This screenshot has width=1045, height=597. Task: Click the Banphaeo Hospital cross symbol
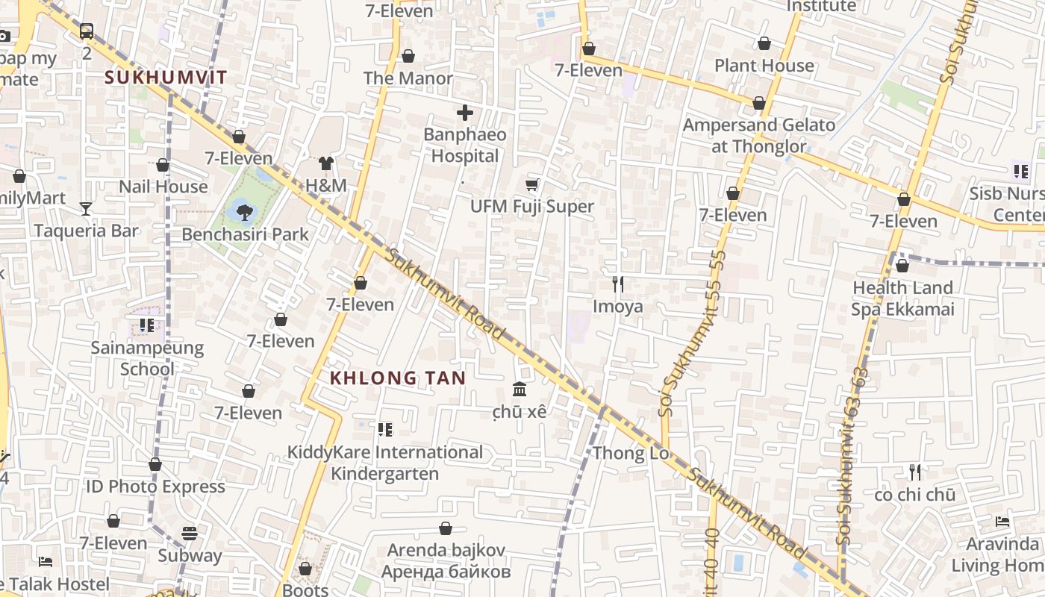tap(465, 113)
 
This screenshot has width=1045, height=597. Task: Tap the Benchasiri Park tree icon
tap(243, 212)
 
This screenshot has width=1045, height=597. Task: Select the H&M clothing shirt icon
tap(325, 163)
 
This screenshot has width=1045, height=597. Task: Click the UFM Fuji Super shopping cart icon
tap(532, 184)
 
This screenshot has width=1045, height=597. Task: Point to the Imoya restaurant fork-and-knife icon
tap(618, 284)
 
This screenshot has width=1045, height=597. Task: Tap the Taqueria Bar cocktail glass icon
tap(86, 208)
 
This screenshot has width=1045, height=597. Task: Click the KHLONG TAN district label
tap(398, 378)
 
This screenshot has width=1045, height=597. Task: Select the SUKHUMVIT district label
tap(166, 77)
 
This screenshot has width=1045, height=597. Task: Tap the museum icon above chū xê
tap(520, 389)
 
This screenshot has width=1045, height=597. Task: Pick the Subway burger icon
tap(190, 534)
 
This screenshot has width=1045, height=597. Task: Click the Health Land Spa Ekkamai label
tap(902, 298)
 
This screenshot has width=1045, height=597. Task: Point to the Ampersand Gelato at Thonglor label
tap(759, 135)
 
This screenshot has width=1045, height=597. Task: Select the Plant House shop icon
tap(764, 43)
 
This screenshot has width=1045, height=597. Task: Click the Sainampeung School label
tap(147, 358)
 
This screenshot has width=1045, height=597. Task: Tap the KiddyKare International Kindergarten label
tap(385, 463)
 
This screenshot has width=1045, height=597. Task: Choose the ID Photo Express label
tap(155, 487)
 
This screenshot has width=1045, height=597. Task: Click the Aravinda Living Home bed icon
tap(1002, 521)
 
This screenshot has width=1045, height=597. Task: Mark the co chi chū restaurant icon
tap(915, 472)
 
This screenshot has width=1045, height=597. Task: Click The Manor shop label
tap(408, 78)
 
